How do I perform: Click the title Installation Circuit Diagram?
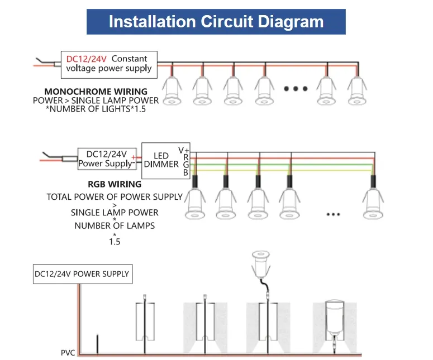[x=216, y=22]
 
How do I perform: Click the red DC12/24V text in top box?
[x=86, y=59]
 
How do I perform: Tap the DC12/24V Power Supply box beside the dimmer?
[x=106, y=159]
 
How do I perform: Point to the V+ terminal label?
[x=183, y=150]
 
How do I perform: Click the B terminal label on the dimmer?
[x=185, y=173]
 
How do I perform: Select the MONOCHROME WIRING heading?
[x=96, y=92]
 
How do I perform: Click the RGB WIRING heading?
[x=115, y=184]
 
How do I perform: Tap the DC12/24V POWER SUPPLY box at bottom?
[x=82, y=274]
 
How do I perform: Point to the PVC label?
[x=68, y=353]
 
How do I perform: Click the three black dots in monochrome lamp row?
[x=296, y=89]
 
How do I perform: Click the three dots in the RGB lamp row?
[x=333, y=214]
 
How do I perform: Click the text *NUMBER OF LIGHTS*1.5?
[x=96, y=109]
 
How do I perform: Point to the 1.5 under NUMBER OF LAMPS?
[x=115, y=242]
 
